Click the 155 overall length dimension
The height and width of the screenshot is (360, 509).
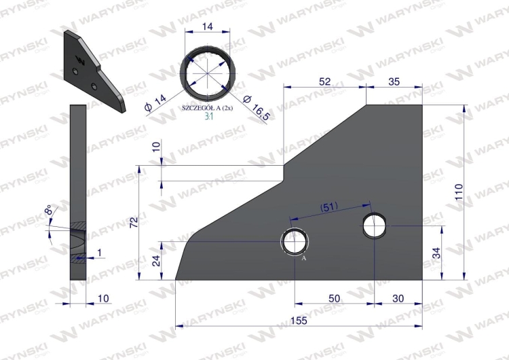pos(299,321)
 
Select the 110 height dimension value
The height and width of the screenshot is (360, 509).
pos(459,192)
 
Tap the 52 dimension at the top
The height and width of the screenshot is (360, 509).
pos(324,82)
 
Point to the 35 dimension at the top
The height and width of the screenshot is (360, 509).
pos(394,82)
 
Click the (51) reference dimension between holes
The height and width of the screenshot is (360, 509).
pos(328,207)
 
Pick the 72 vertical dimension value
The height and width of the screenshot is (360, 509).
pos(134,222)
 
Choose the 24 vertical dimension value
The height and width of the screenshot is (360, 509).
pos(157,261)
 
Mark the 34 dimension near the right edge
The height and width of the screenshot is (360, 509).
pos(437,253)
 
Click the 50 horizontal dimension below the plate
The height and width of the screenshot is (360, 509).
pos(334,298)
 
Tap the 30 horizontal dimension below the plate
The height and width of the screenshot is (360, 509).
pos(398,298)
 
